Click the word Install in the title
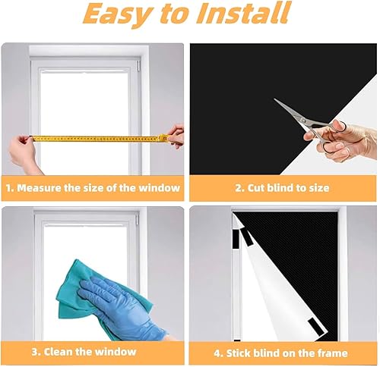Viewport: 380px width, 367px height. click(x=243, y=12)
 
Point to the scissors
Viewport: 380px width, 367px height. click(x=310, y=124)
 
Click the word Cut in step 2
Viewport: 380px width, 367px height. click(x=256, y=188)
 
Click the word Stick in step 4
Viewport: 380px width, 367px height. click(x=239, y=353)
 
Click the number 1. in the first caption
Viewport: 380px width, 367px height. click(x=10, y=188)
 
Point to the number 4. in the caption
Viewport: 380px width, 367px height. click(x=218, y=353)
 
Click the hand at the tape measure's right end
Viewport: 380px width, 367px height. click(x=176, y=136)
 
